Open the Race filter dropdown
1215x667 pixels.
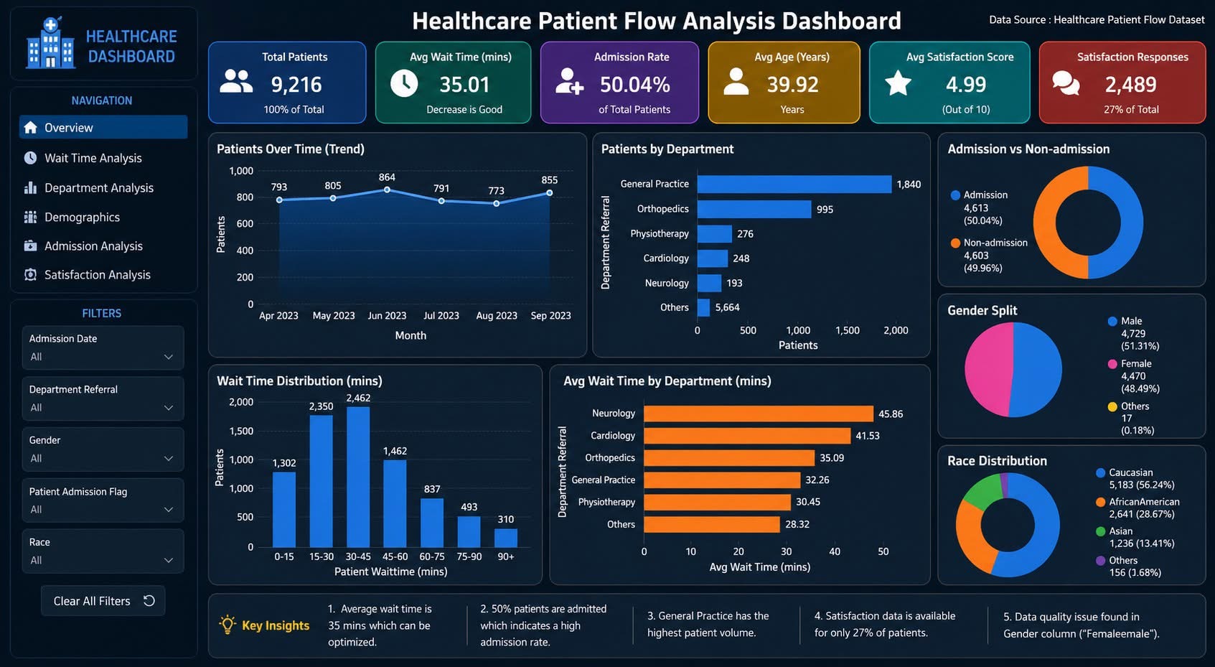coord(103,551)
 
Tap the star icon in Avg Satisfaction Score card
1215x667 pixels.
coord(899,83)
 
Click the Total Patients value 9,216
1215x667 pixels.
coord(296,84)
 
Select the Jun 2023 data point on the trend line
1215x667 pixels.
coord(387,190)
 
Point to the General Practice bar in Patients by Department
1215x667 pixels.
coord(794,184)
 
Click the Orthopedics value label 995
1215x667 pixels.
coord(825,210)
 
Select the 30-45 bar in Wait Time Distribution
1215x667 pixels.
coord(358,477)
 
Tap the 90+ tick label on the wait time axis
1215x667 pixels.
coord(505,556)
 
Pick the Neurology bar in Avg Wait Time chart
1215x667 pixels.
coord(759,414)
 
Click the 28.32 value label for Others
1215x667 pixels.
coord(797,524)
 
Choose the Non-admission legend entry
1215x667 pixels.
coord(990,255)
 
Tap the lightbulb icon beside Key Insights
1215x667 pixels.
coord(227,625)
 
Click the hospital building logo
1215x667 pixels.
coord(50,43)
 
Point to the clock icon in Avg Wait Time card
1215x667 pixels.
coord(404,83)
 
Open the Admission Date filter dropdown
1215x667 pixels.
coord(103,348)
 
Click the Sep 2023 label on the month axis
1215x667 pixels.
coord(550,316)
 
